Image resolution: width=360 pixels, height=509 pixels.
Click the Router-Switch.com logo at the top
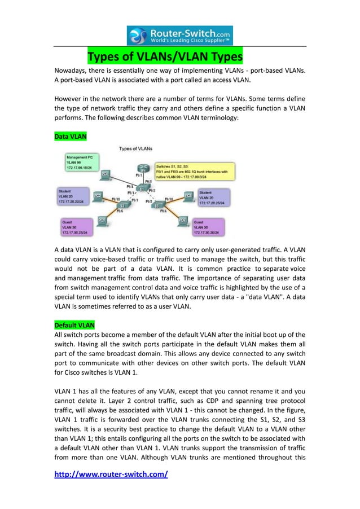coord(179,35)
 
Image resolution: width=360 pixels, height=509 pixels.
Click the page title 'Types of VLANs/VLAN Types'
coord(165,58)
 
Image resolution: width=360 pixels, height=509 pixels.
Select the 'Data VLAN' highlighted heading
coord(70,137)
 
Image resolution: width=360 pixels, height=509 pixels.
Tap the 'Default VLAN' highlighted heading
coord(74,325)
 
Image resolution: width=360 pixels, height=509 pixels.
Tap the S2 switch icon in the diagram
coord(121,206)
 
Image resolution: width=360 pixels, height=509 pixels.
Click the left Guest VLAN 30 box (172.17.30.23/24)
coord(78,227)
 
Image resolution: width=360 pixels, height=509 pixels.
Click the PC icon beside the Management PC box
coord(105,174)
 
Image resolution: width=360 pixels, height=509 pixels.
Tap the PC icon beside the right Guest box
coord(182,220)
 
